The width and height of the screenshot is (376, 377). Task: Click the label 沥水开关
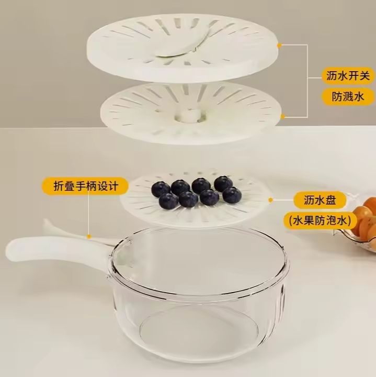tap(346, 76)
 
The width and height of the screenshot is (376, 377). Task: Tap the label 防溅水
tap(346, 97)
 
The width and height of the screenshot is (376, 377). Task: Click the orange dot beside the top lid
tap(280, 46)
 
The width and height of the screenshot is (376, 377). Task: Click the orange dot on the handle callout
tap(89, 237)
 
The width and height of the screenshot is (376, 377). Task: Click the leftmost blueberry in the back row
tap(161, 188)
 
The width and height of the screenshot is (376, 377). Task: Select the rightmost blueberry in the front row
tap(231, 195)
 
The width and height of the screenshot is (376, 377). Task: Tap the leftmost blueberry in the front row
tap(168, 200)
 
